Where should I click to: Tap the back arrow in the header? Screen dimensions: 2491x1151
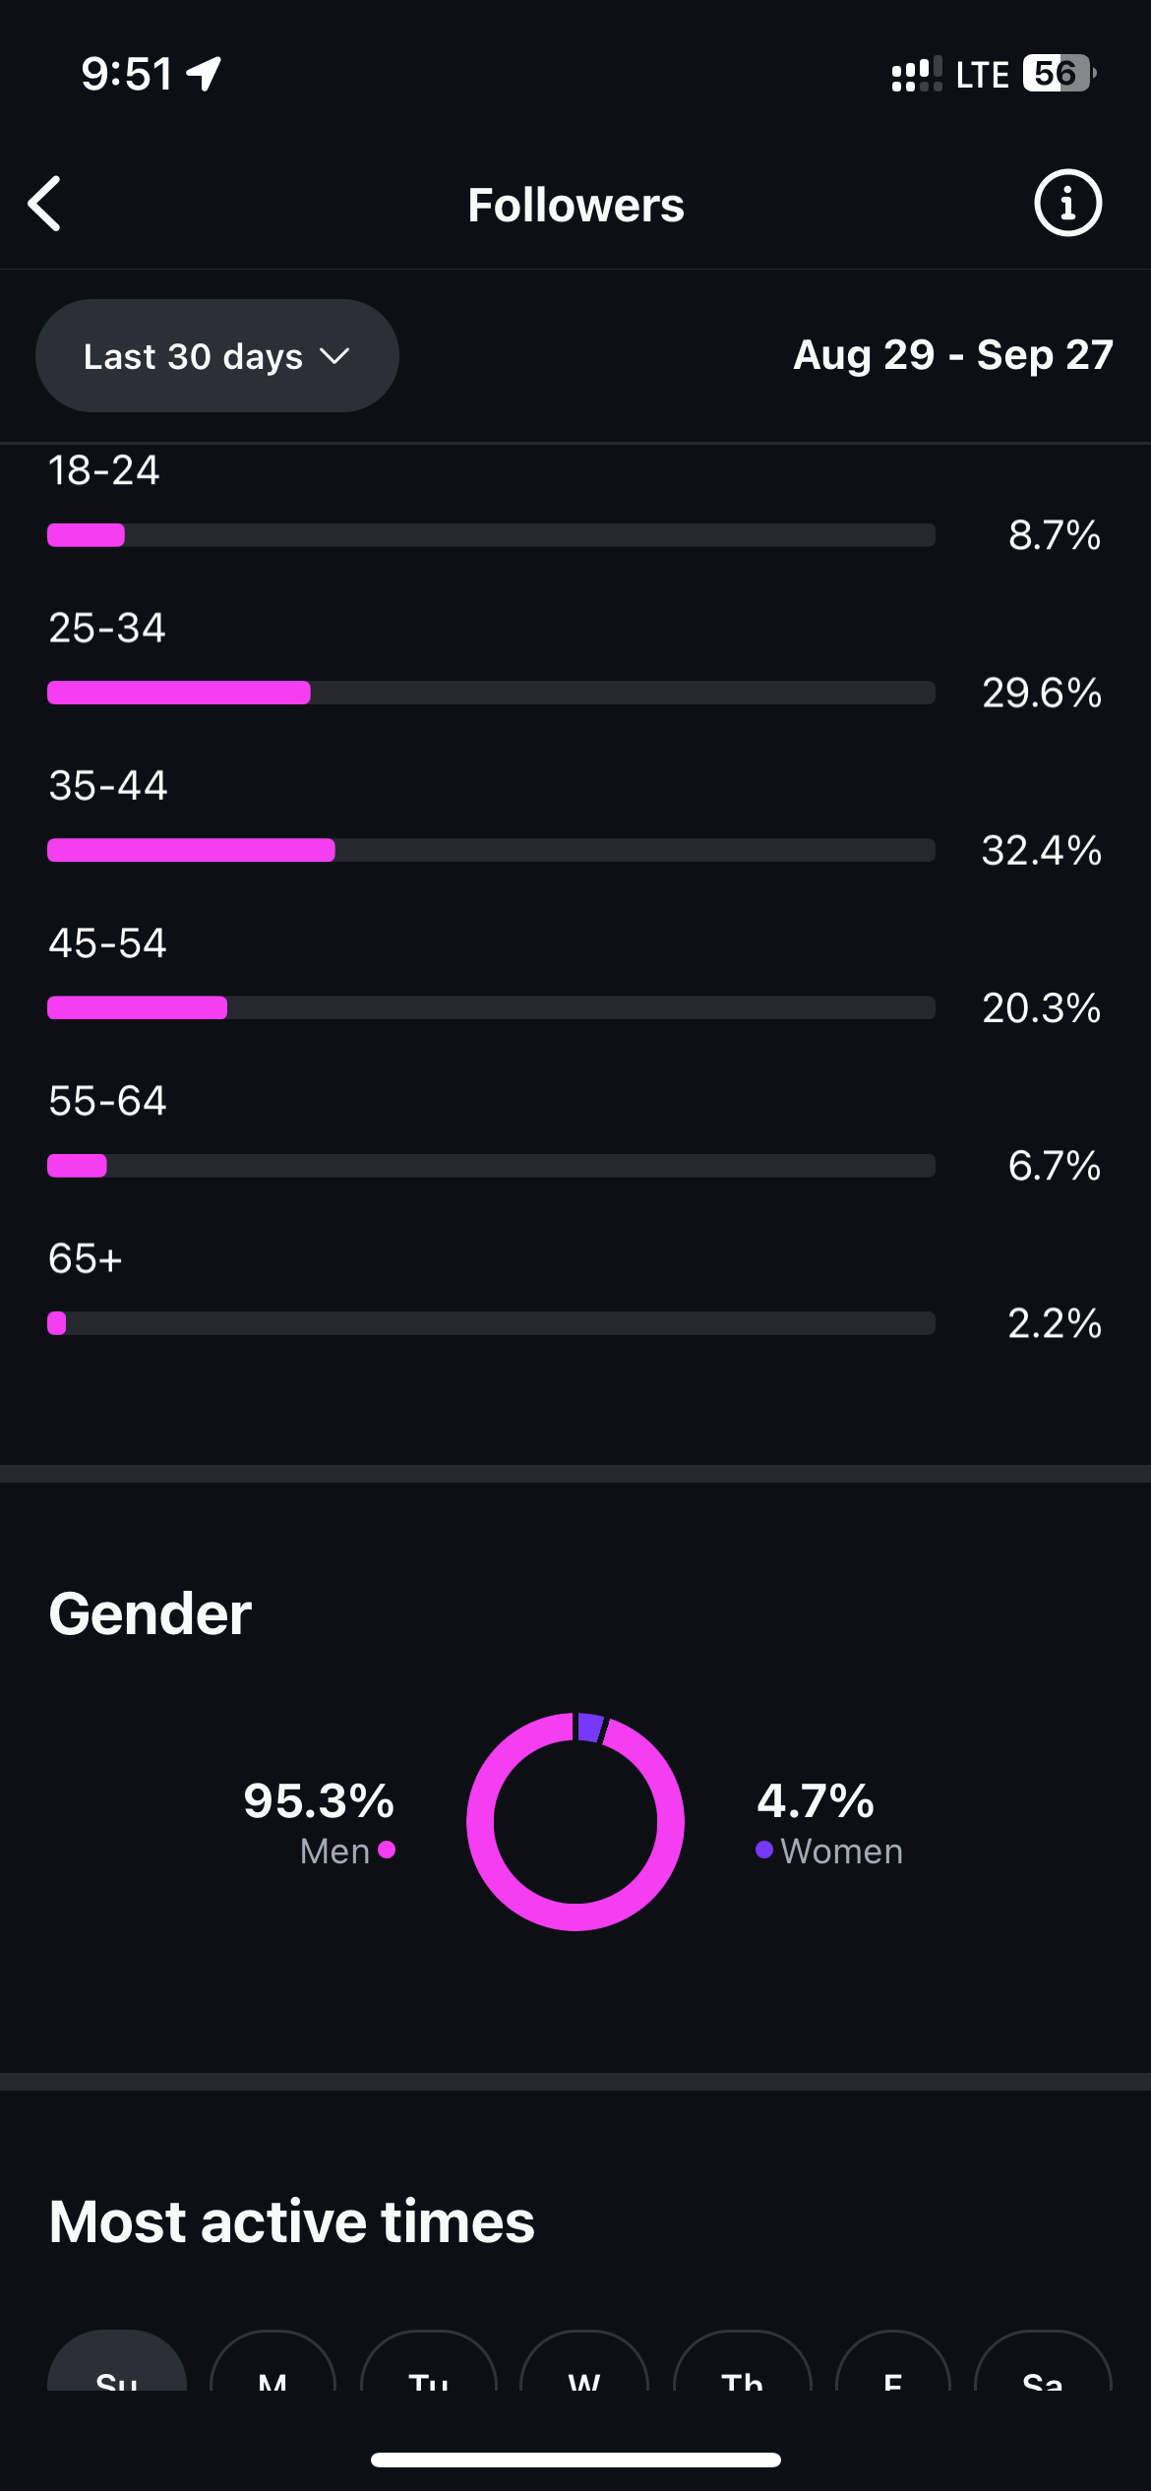(45, 204)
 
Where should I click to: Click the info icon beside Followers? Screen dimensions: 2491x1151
(1067, 204)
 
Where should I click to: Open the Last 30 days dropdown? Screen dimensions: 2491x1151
(216, 356)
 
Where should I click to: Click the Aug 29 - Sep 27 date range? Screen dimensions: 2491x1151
(952, 355)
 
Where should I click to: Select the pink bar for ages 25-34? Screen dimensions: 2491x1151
(179, 693)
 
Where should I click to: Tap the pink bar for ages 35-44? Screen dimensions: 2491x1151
(191, 850)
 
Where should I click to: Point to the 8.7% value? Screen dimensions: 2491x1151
(1054, 535)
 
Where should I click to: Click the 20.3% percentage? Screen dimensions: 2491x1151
(1041, 1007)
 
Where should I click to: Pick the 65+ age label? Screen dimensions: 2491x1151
(86, 1258)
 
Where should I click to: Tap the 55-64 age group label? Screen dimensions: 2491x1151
(108, 1101)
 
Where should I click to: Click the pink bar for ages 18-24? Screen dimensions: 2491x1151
(87, 535)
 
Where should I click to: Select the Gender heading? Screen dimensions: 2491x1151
(151, 1614)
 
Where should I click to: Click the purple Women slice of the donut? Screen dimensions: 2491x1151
(590, 1728)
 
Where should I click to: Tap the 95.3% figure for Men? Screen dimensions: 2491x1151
(319, 1801)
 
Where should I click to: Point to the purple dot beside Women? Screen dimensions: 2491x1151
(764, 1851)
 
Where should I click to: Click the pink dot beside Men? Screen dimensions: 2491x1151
(387, 1851)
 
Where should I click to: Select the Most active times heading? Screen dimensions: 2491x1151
(291, 2222)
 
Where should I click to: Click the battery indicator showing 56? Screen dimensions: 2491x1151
(1058, 74)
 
